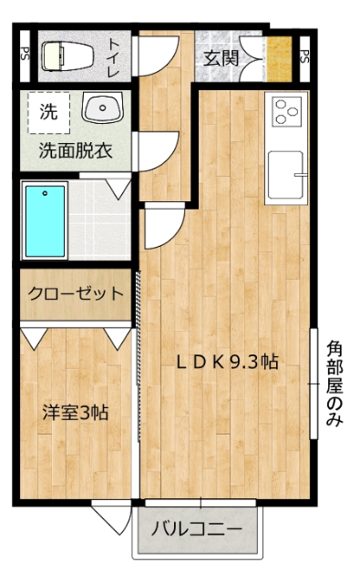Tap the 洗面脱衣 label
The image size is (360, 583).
75,151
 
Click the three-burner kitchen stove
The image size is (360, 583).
287,112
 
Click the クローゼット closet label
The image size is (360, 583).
75,293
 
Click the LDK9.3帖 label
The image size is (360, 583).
227,362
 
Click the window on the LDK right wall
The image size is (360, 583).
315,383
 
